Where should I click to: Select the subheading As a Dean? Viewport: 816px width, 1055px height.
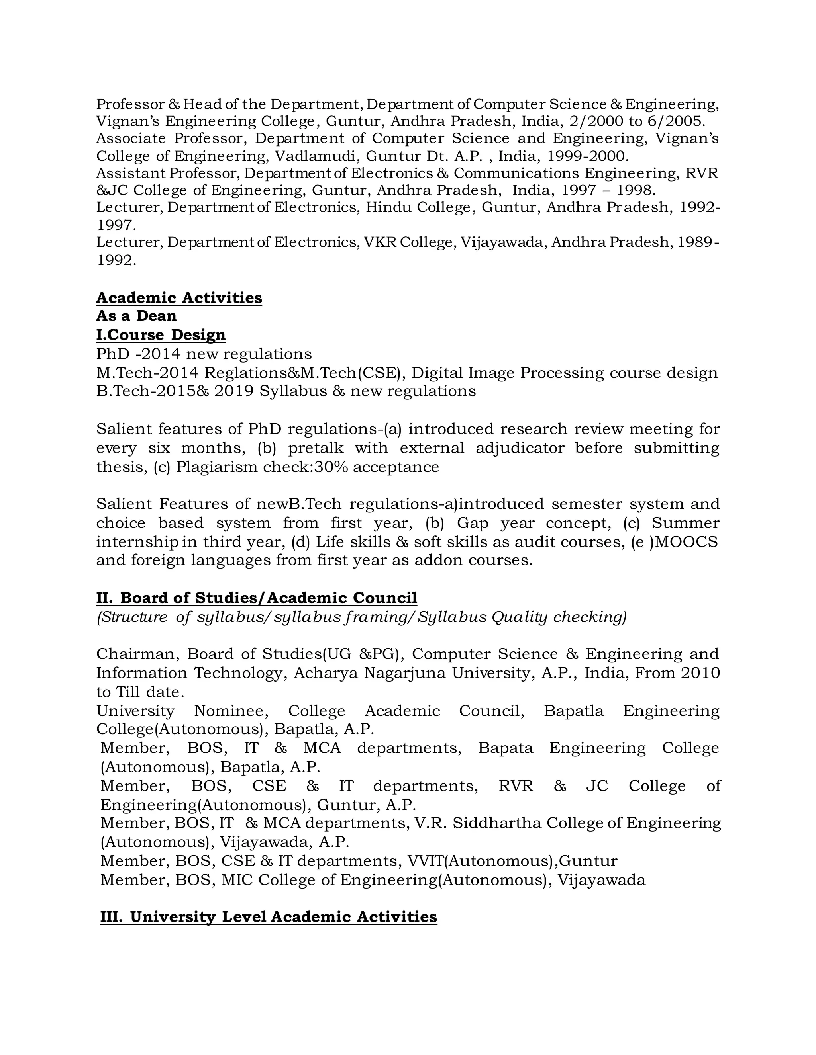[136, 316]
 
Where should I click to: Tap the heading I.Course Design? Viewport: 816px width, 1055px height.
[161, 335]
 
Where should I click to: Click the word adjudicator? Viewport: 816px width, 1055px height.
[520, 448]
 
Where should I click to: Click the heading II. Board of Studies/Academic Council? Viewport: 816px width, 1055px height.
[256, 598]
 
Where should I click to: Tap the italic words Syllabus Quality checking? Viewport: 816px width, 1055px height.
[522, 617]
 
